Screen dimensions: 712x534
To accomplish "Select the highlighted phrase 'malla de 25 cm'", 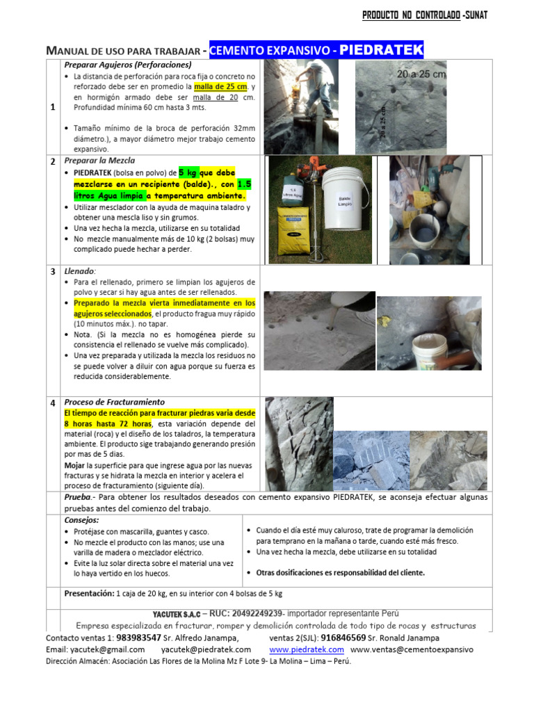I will coord(220,86).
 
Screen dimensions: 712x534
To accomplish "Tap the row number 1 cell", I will coord(54,108).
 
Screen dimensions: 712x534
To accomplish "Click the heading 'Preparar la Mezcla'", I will coord(100,161).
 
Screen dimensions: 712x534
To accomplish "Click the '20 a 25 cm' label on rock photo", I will coord(421,73).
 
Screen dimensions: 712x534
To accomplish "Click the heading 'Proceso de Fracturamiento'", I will coord(115,402).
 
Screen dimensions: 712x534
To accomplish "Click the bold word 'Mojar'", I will coord(74,465).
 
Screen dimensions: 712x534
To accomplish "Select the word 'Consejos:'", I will coord(81,519).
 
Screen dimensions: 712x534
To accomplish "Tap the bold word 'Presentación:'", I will coord(89,594).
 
